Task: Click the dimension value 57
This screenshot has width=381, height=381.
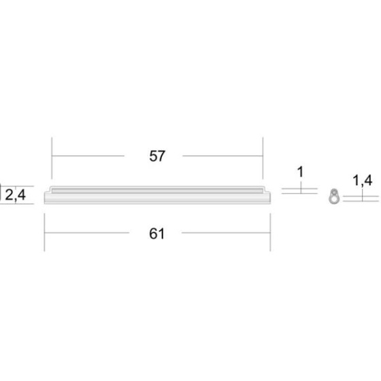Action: click(157, 156)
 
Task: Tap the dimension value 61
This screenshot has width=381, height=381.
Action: click(156, 233)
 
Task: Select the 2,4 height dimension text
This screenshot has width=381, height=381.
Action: click(15, 195)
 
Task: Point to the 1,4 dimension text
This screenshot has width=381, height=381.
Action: click(362, 180)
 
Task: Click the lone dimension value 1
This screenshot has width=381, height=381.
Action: click(301, 172)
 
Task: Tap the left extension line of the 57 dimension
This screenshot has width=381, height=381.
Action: click(52, 158)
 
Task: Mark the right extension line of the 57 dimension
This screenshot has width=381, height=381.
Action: click(263, 158)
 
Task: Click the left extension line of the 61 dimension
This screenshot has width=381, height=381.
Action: click(44, 232)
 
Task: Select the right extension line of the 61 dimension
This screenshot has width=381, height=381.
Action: click(270, 232)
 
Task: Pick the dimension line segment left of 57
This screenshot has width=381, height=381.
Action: click(88, 156)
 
